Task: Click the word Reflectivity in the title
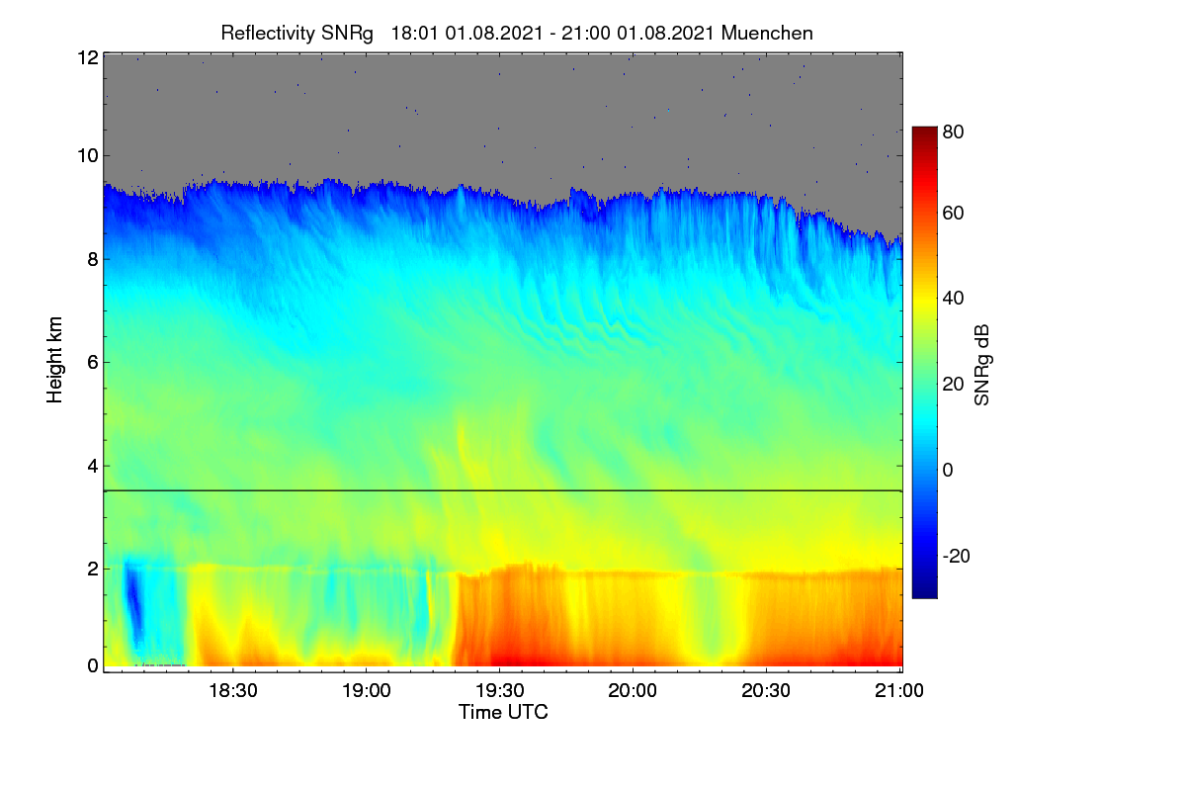(268, 34)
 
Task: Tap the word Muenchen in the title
(767, 33)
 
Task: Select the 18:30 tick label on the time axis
(233, 690)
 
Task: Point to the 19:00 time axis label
(367, 690)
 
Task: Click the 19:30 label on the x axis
(500, 690)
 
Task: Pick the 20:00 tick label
(633, 690)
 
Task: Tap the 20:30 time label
(766, 690)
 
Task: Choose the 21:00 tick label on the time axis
(899, 690)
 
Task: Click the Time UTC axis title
(503, 712)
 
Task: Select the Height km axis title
(54, 360)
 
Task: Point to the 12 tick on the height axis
(88, 57)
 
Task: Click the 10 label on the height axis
(88, 156)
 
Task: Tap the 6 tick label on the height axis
(93, 363)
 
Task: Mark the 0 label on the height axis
(93, 666)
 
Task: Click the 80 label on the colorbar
(953, 132)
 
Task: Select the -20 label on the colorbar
(957, 556)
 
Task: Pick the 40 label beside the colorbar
(953, 299)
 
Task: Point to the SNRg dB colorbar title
(982, 365)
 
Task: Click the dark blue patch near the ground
(134, 601)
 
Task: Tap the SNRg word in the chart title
(347, 34)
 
